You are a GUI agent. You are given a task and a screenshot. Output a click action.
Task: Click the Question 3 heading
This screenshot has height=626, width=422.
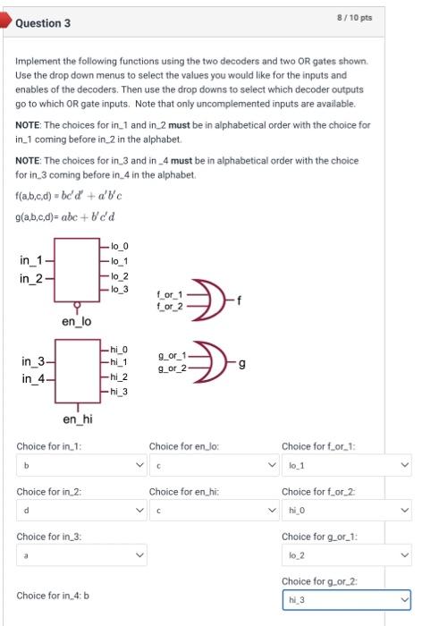[x=43, y=22]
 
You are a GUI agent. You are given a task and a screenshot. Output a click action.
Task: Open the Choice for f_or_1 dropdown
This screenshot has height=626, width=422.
[x=347, y=466]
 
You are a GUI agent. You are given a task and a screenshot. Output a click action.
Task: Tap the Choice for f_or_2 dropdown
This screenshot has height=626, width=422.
[x=347, y=511]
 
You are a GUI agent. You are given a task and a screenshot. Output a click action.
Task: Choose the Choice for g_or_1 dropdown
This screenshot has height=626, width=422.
[x=347, y=555]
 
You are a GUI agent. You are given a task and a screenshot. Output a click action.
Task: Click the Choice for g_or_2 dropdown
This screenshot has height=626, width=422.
[x=347, y=600]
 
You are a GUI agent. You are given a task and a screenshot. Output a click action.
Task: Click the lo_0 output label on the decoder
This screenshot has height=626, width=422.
[x=121, y=245]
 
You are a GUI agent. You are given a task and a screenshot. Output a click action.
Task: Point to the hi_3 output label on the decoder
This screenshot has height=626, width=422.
[x=121, y=391]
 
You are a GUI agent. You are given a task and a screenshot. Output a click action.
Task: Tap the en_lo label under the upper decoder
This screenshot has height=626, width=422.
[x=76, y=320]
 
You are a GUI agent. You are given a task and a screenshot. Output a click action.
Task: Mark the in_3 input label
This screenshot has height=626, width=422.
[x=32, y=361]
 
